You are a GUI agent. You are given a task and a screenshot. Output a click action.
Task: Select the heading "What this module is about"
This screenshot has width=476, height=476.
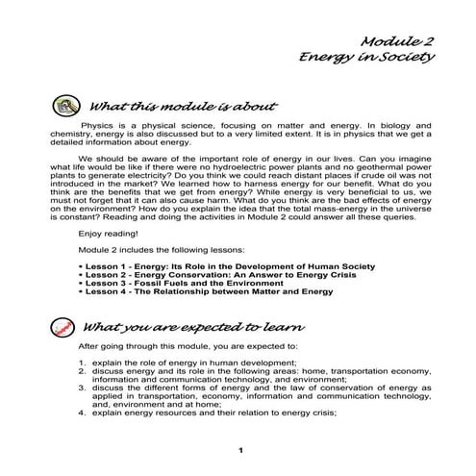click(182, 103)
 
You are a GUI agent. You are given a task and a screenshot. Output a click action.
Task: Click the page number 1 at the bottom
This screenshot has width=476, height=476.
click(238, 449)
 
